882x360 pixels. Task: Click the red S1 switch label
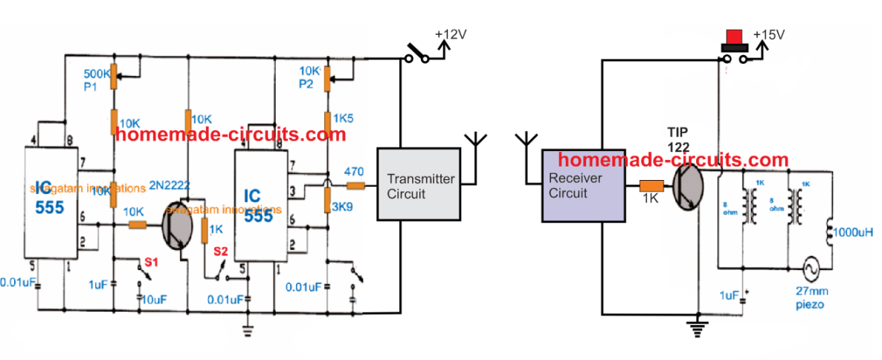coord(152,261)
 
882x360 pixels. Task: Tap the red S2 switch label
coord(221,251)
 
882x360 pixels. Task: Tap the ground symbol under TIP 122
coord(698,325)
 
